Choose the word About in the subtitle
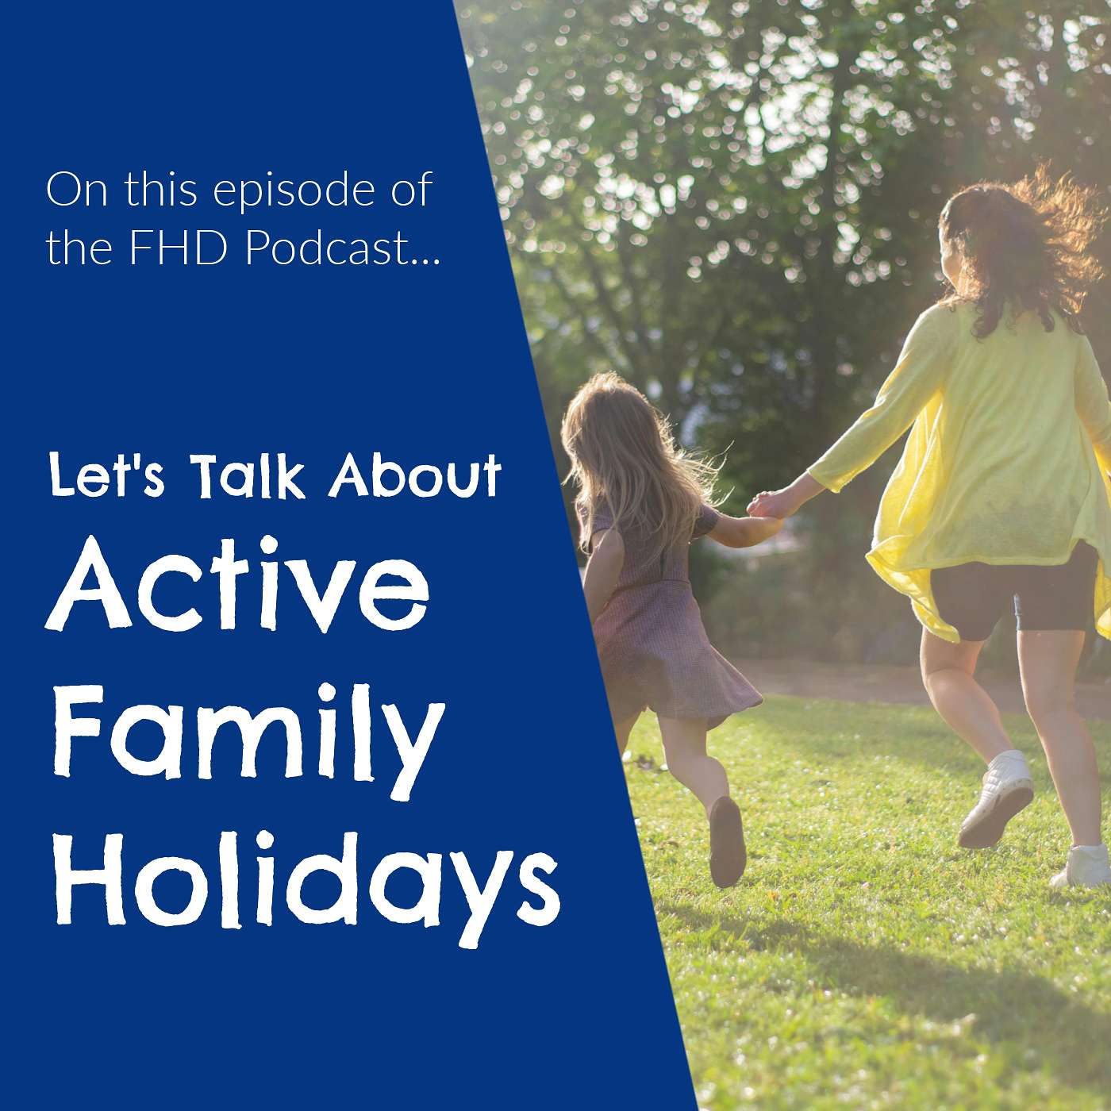tap(417, 476)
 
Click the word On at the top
tap(76, 190)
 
